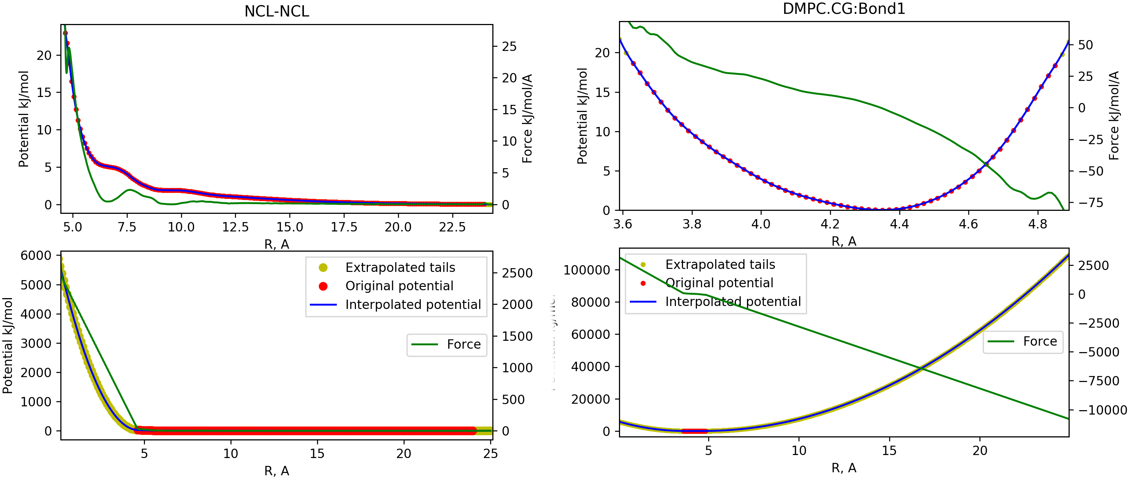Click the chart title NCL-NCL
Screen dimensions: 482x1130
click(277, 11)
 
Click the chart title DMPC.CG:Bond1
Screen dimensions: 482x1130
click(843, 9)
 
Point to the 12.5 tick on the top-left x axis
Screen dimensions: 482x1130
click(235, 227)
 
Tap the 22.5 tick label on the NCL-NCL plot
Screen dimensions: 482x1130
click(452, 227)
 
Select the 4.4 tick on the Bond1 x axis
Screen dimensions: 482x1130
click(899, 224)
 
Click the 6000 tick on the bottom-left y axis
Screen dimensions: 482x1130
click(36, 255)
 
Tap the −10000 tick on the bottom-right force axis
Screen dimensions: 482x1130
click(1101, 410)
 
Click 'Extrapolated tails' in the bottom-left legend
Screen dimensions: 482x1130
click(400, 267)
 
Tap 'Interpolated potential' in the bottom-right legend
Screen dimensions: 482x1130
click(733, 302)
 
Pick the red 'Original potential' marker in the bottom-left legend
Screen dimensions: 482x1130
click(323, 286)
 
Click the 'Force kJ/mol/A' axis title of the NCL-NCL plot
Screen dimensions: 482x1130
click(527, 118)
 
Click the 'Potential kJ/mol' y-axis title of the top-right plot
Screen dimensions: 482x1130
click(582, 116)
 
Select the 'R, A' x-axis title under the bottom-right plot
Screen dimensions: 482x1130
click(843, 468)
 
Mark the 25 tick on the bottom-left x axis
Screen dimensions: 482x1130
click(490, 454)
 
